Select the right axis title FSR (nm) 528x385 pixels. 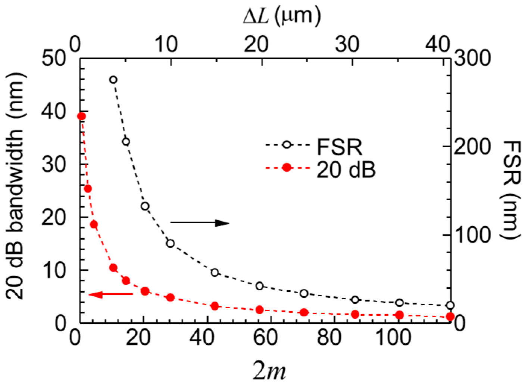(512, 190)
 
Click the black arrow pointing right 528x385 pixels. (200, 223)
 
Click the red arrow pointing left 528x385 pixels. (111, 294)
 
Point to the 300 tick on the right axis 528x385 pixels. (471, 59)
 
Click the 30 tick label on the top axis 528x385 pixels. (347, 45)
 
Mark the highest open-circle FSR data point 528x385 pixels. (113, 79)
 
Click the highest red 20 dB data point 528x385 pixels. (81, 116)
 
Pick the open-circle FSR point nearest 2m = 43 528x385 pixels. (215, 272)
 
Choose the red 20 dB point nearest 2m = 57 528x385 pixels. (260, 310)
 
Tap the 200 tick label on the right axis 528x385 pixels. (471, 147)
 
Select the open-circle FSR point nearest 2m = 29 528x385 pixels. (170, 243)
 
